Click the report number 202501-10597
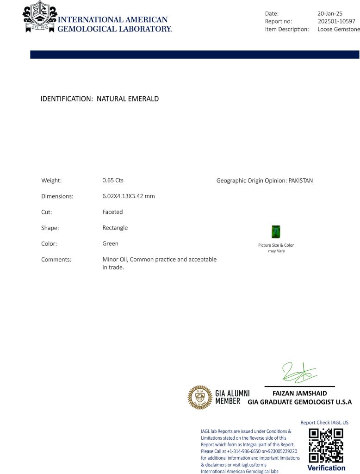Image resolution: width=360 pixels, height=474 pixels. (336, 21)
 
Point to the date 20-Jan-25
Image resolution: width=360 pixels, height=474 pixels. (330, 13)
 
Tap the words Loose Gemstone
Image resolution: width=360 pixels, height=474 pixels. (339, 29)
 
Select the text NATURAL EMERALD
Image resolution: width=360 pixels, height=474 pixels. (128, 99)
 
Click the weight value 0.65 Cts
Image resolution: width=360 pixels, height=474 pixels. (113, 181)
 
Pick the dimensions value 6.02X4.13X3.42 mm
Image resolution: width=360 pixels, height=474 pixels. (129, 196)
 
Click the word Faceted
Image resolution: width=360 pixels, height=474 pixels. (112, 212)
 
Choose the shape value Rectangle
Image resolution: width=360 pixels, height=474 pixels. (115, 228)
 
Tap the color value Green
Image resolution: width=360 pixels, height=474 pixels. (110, 243)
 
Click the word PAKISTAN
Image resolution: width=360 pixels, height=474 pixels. (301, 181)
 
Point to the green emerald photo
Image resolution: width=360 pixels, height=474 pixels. (276, 231)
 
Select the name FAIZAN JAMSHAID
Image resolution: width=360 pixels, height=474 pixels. (299, 393)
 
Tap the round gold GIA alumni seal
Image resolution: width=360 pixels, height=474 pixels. (200, 397)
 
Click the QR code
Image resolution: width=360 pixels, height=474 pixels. (326, 445)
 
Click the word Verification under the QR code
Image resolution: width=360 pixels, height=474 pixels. (326, 468)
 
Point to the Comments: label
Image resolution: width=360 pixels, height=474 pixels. (56, 260)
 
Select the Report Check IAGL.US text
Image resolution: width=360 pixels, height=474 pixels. (324, 422)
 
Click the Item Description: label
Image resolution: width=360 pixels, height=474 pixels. (287, 29)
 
